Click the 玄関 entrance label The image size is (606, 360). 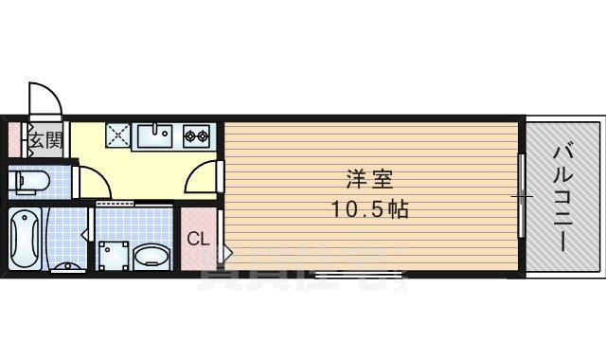[45, 142]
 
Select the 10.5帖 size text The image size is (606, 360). [370, 210]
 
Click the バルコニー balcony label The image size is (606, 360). [565, 197]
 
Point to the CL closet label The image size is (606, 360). [197, 239]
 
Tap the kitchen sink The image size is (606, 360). [155, 136]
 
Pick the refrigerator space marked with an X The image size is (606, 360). [118, 136]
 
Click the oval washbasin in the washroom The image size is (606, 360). [151, 256]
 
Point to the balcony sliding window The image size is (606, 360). [521, 196]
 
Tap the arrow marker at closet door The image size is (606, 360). [226, 253]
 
